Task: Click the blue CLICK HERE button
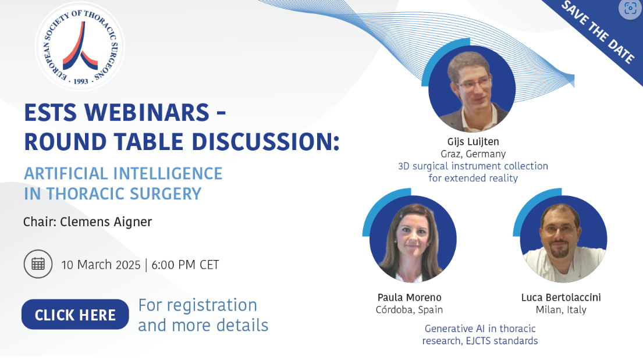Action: [75, 315]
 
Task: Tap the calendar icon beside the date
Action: [38, 264]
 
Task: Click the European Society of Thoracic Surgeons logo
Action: [80, 47]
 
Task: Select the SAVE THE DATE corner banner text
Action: [598, 31]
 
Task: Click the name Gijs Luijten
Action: [473, 142]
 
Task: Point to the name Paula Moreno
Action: [409, 297]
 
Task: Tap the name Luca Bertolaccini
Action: [560, 297]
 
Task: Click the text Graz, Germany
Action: [473, 154]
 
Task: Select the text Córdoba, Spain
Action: [409, 309]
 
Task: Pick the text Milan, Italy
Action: [561, 310]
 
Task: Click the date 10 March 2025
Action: [101, 265]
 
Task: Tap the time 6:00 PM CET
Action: [185, 265]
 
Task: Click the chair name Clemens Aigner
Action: [106, 222]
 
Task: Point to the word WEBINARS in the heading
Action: [147, 112]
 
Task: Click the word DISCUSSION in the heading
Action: [265, 142]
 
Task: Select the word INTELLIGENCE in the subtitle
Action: [168, 173]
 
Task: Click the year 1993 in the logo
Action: [81, 81]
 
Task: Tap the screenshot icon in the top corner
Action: [630, 9]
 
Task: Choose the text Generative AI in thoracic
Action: [480, 329]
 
